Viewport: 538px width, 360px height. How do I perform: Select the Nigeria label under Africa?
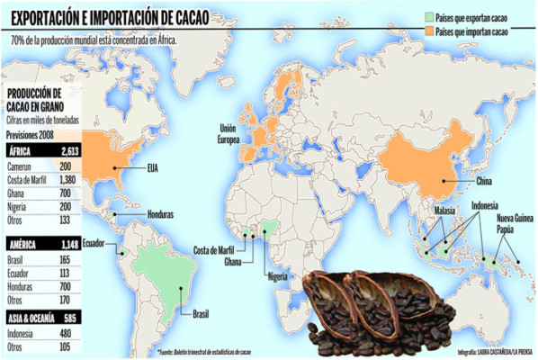277,278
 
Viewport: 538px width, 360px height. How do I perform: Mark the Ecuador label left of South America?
94,244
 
